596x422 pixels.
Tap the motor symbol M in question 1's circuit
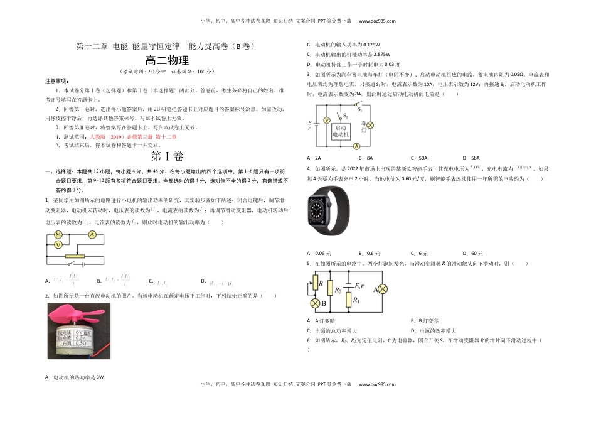point(58,235)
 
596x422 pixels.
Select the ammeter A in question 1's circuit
point(92,235)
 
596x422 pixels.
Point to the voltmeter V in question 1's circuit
point(58,245)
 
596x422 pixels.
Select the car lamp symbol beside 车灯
point(370,125)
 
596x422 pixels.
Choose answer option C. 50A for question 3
point(419,158)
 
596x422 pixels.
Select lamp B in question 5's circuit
point(316,303)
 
